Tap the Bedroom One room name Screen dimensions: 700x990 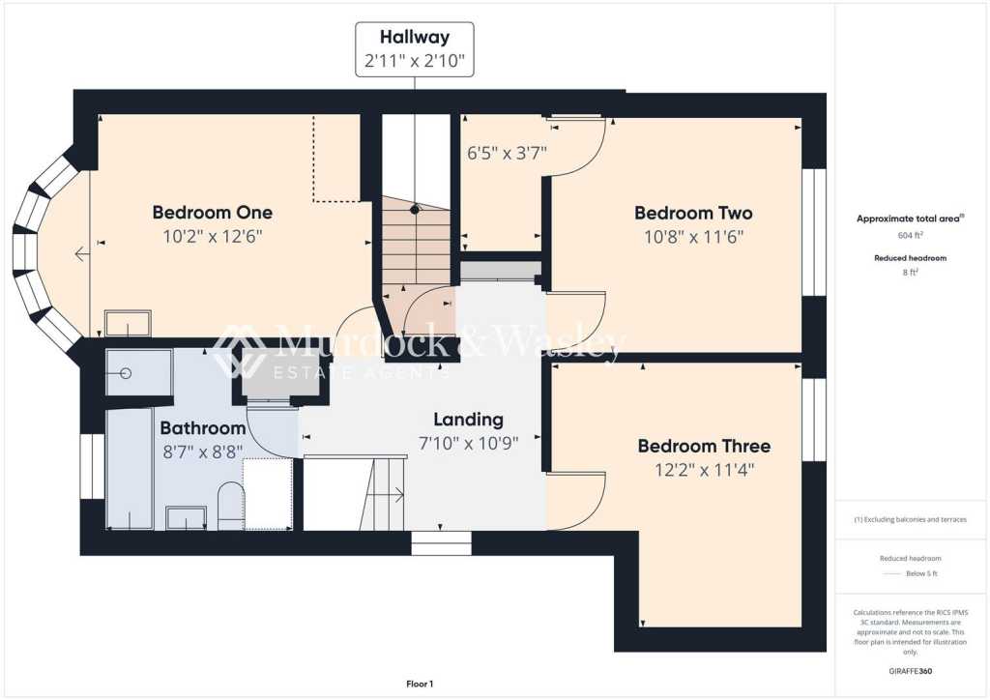click(x=213, y=213)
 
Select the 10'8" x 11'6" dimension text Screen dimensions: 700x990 click(x=693, y=236)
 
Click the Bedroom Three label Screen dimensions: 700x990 click(x=704, y=446)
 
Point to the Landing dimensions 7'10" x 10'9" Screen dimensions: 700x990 click(x=468, y=443)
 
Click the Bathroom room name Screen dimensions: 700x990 click(x=203, y=427)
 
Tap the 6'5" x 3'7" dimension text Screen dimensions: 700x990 click(x=508, y=152)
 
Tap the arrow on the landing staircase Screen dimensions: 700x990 click(x=396, y=496)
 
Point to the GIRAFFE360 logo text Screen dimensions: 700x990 click(x=910, y=670)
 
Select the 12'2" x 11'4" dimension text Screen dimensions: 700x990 click(x=705, y=470)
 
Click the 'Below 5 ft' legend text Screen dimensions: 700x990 click(x=920, y=573)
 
